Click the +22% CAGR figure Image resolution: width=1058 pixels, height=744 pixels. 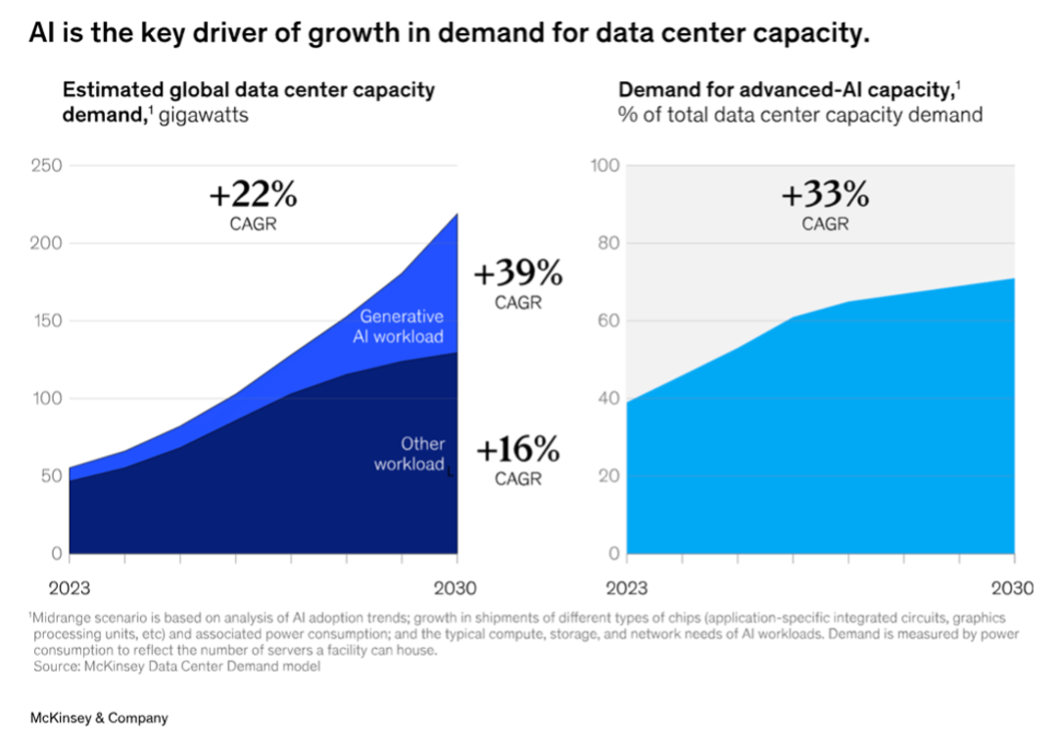click(x=253, y=196)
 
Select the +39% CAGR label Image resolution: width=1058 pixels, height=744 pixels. click(x=517, y=273)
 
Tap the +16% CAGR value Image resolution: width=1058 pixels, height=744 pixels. click(x=518, y=451)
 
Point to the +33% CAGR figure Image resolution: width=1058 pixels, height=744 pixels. click(x=825, y=196)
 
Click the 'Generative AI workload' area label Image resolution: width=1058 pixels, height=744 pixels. click(x=401, y=326)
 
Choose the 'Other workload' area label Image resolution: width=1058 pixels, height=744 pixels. click(x=409, y=454)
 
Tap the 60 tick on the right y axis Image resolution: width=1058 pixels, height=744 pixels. click(x=609, y=321)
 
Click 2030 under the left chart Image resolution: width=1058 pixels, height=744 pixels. click(x=456, y=588)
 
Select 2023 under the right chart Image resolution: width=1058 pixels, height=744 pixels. click(x=628, y=588)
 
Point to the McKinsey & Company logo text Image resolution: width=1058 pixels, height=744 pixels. click(x=98, y=719)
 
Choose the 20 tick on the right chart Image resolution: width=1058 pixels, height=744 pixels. click(x=609, y=476)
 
